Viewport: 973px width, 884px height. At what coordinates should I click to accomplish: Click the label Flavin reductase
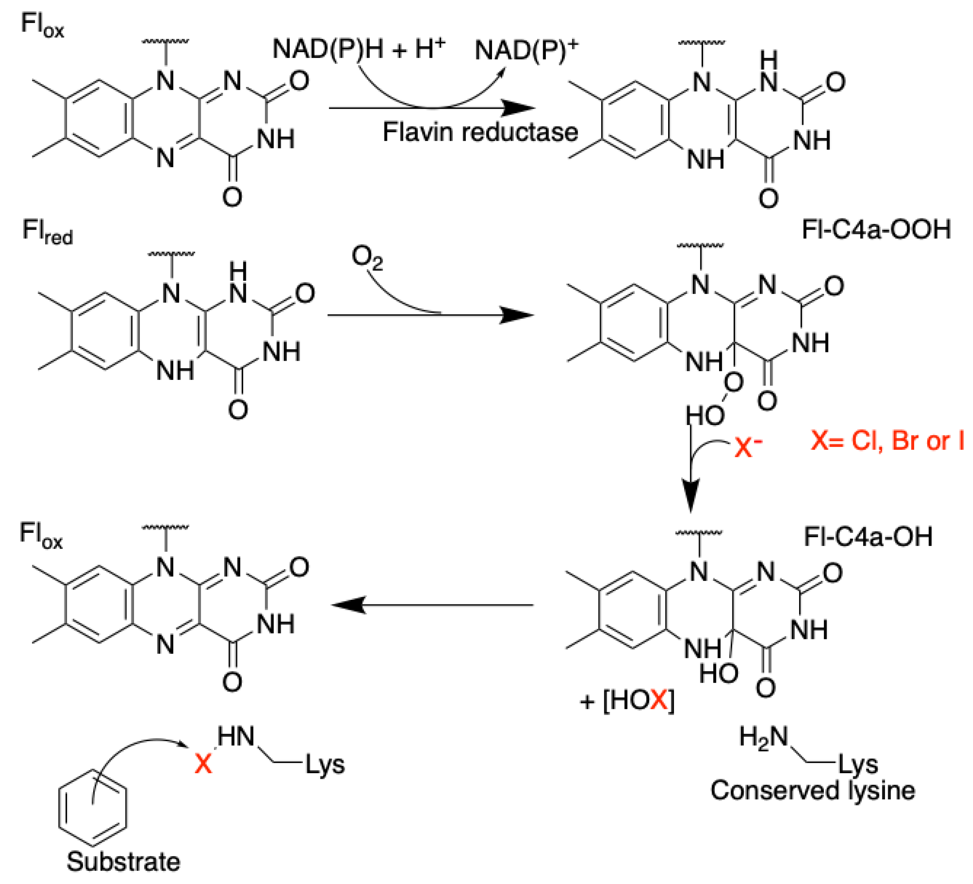(x=480, y=132)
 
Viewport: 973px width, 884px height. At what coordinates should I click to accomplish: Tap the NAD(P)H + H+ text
(x=358, y=49)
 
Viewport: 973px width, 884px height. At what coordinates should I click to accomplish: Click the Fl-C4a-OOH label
(x=876, y=229)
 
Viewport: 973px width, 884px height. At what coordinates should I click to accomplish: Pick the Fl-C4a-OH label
(x=868, y=536)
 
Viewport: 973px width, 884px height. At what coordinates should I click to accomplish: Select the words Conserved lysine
(x=813, y=790)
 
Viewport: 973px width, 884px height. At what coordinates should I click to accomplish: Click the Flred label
(x=47, y=232)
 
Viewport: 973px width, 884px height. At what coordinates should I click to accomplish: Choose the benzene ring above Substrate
(x=93, y=807)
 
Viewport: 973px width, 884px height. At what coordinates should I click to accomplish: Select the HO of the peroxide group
(x=705, y=415)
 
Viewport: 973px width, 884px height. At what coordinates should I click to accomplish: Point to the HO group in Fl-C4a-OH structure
(x=718, y=673)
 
